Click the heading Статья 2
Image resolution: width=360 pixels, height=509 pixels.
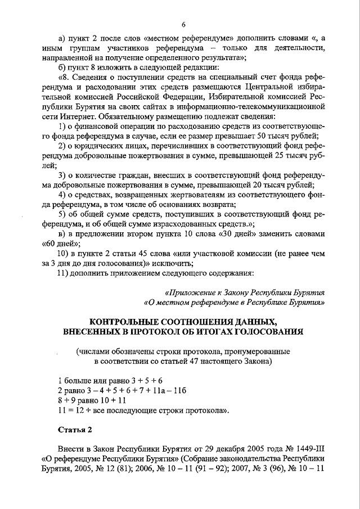tap(75, 430)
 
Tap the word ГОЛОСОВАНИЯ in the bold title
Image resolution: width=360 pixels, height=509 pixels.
tap(269, 332)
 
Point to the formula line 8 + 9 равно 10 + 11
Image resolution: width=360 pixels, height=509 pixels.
tap(92, 400)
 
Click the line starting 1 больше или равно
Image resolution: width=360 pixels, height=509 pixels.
tap(110, 380)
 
